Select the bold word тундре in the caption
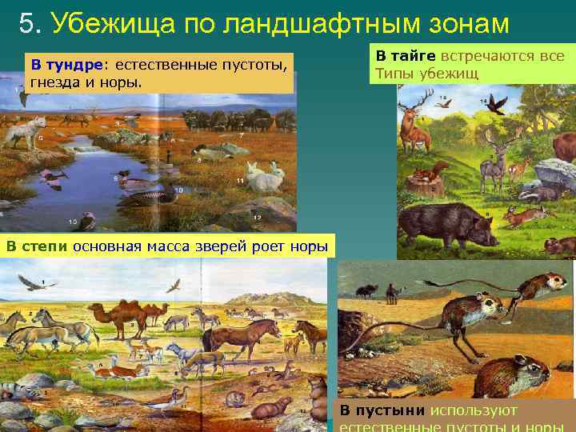coord(78,63)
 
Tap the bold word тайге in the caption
coord(416,56)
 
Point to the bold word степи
coord(46,246)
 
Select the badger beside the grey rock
coord(532,192)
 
